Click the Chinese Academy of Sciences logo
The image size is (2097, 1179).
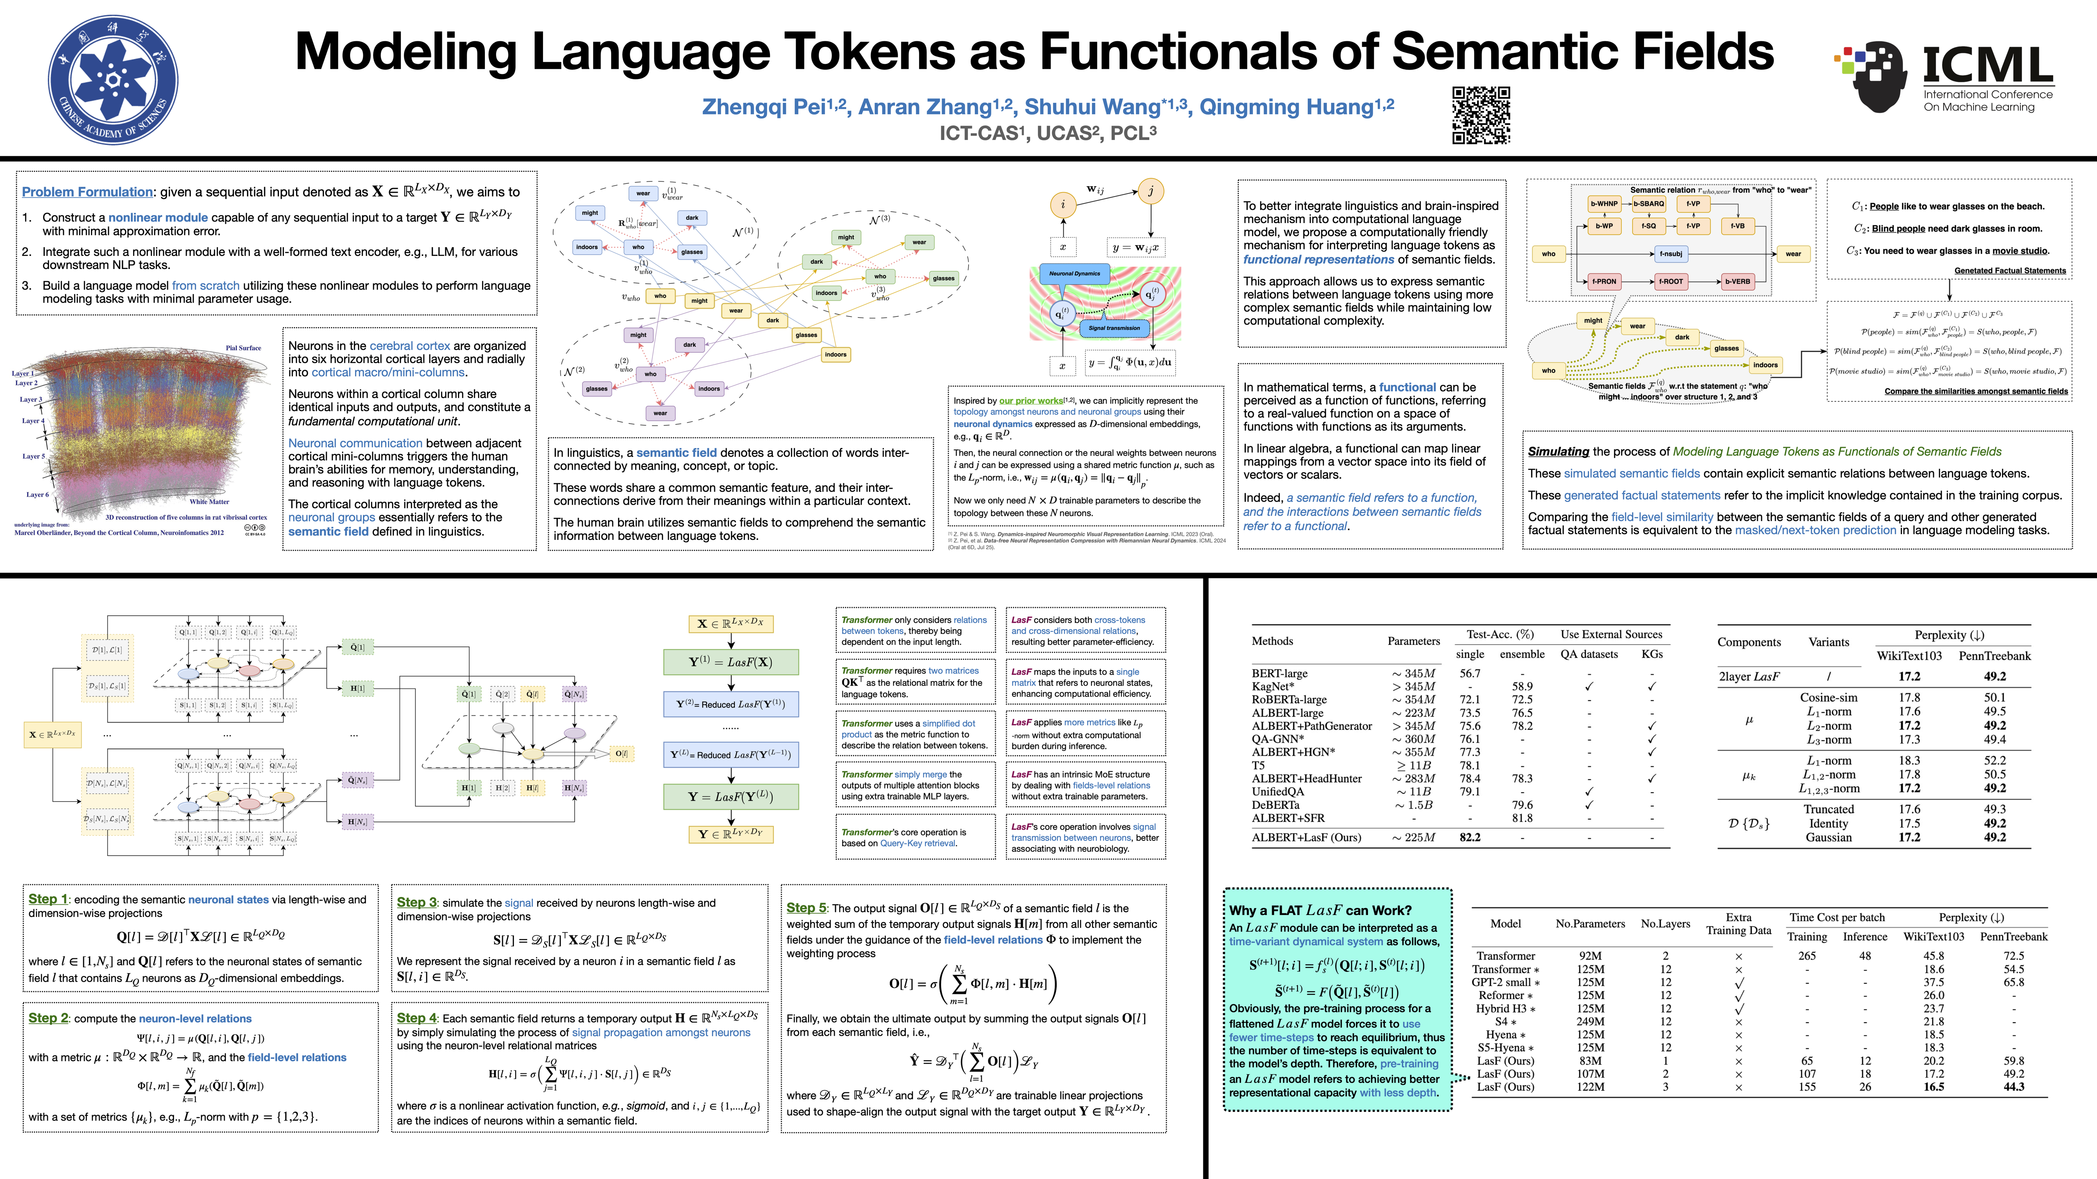113,80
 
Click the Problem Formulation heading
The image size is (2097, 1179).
87,192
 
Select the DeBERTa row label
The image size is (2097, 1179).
1276,805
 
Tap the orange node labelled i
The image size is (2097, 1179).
1062,204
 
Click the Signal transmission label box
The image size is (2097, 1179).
1114,328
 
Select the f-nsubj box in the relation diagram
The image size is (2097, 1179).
1671,254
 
